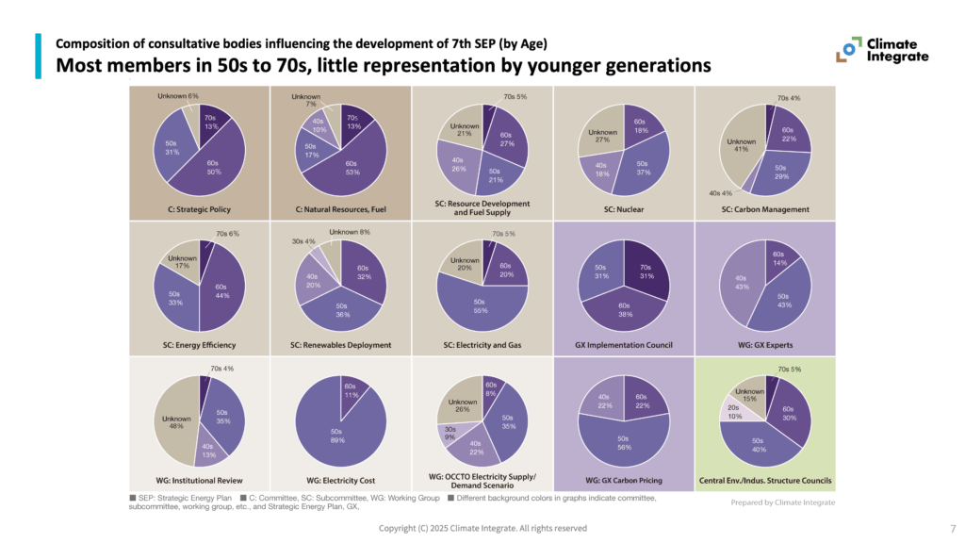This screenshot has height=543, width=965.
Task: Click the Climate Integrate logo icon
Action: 848,50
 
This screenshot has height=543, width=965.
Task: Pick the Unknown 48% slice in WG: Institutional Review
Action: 176,422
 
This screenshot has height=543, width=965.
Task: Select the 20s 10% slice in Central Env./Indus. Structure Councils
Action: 734,411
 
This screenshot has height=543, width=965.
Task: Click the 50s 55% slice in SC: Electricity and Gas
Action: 481,304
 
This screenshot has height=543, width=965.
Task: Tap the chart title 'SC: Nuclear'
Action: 623,209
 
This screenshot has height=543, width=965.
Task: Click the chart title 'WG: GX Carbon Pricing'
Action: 624,480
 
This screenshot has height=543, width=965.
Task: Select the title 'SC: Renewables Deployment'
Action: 340,345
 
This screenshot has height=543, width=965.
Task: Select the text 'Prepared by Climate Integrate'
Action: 782,502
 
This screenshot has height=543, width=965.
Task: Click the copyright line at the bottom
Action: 482,528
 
